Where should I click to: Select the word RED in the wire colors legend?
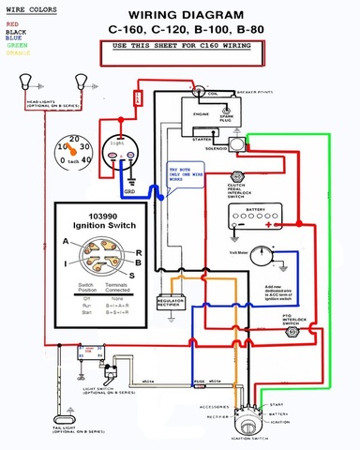click(12, 22)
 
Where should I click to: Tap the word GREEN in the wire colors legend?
click(16, 44)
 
